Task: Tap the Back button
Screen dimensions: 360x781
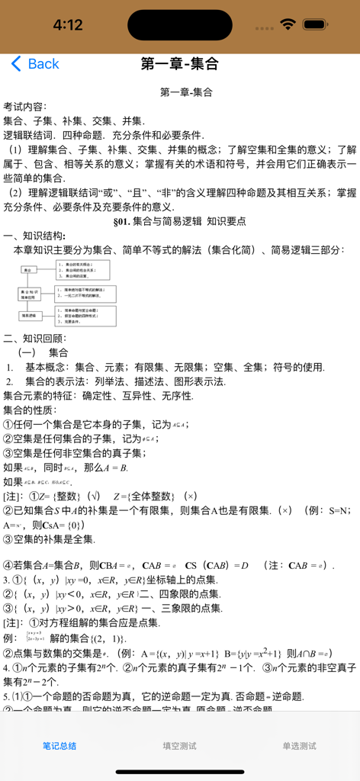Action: (x=35, y=64)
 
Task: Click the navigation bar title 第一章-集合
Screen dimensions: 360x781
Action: (x=179, y=64)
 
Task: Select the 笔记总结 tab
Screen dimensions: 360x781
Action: (x=59, y=746)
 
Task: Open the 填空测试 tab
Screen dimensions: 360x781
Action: (x=179, y=746)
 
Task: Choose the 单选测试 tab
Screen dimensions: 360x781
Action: (x=299, y=746)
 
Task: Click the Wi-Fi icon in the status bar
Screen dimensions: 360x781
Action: (x=288, y=24)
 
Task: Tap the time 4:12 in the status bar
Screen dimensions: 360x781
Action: (x=67, y=25)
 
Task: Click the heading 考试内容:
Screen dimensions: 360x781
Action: (x=25, y=106)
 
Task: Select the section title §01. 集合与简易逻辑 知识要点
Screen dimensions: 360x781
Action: (x=179, y=221)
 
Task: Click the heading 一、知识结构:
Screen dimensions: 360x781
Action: (x=34, y=236)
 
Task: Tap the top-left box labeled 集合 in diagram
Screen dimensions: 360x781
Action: (x=28, y=270)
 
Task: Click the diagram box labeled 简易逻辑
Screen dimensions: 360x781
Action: (x=30, y=314)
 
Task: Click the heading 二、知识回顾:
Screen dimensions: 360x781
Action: (x=34, y=338)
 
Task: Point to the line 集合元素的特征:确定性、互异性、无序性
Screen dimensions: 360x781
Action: (x=98, y=396)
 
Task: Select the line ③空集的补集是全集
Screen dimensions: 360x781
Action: (x=49, y=539)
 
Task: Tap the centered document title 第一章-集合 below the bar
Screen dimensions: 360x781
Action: (x=185, y=92)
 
